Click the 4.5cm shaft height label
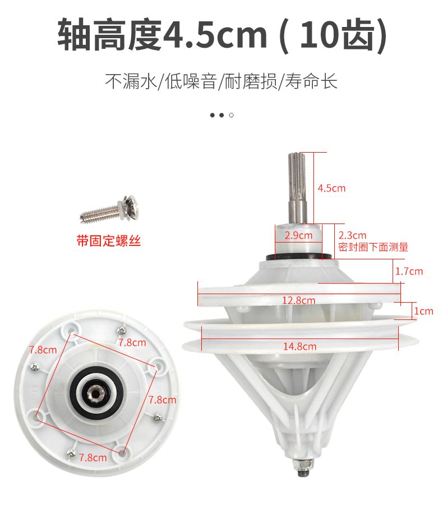tap(331, 188)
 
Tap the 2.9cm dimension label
tap(298, 235)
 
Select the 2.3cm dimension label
tap(352, 235)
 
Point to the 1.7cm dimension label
tap(409, 271)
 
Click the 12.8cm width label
tap(298, 300)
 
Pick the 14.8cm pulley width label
tap(299, 346)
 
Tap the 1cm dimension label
tap(424, 311)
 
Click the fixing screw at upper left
tap(109, 209)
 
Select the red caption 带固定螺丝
tap(108, 241)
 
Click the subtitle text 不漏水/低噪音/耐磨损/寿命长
tap(221, 81)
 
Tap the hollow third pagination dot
tap(231, 115)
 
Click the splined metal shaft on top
tap(297, 188)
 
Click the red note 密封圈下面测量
tap(373, 247)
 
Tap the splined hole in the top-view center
tap(94, 393)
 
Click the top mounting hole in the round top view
tap(72, 329)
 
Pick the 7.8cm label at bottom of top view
tap(93, 458)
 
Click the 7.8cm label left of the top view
tap(43, 350)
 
